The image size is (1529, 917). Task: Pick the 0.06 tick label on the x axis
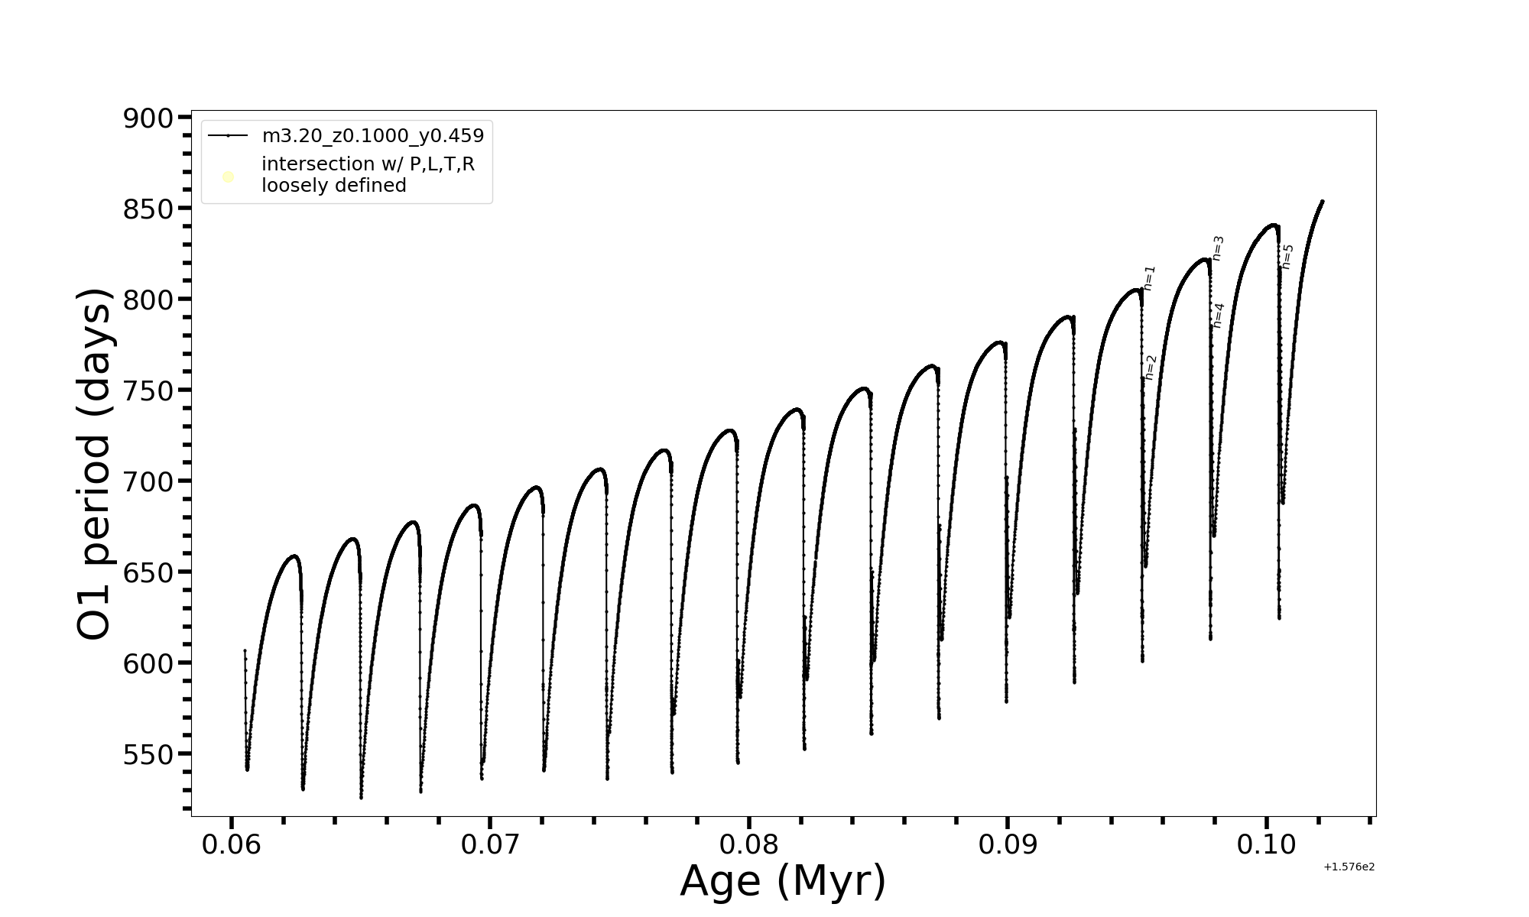click(x=231, y=844)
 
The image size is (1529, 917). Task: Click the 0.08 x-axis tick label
click(x=749, y=844)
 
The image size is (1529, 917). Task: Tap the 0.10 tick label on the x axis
click(x=1267, y=844)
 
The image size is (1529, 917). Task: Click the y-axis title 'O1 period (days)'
click(x=95, y=464)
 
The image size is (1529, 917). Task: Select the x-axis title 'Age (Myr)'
click(x=783, y=881)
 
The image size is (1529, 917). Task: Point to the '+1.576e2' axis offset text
click(x=1349, y=867)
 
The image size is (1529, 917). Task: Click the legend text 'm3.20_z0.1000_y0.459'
click(x=373, y=136)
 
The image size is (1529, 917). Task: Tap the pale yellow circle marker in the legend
click(x=228, y=177)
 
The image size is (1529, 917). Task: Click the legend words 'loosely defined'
click(x=333, y=186)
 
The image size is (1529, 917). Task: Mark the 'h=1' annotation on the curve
click(x=1150, y=278)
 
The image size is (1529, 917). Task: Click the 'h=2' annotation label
click(x=1151, y=368)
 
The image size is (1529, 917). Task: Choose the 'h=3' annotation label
click(x=1219, y=248)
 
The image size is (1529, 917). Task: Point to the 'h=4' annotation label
click(x=1219, y=316)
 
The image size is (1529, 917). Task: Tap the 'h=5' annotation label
click(x=1287, y=257)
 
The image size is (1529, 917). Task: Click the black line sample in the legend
click(x=228, y=136)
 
